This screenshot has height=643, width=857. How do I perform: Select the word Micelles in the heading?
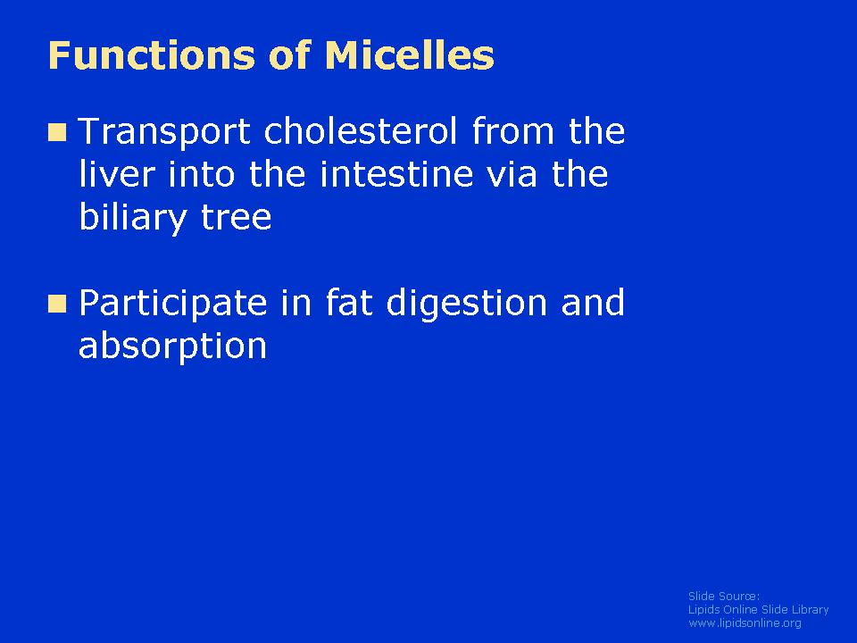click(410, 55)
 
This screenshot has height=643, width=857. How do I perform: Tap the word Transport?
click(164, 133)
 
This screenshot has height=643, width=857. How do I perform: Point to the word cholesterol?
click(361, 131)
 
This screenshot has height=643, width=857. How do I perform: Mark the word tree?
click(236, 218)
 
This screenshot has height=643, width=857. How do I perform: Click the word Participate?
click(173, 304)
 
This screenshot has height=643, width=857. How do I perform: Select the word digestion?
click(467, 304)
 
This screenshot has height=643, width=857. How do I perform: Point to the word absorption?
click(172, 347)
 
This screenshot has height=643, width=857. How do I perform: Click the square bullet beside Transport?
click(57, 132)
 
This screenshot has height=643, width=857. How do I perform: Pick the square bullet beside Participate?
click(57, 304)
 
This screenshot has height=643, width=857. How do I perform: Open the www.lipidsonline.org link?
click(745, 623)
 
